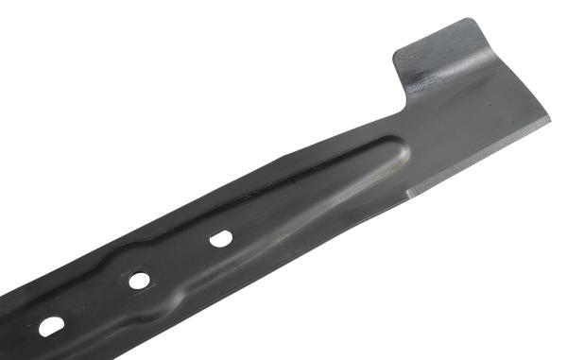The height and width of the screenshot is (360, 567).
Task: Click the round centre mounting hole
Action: pos(139,281)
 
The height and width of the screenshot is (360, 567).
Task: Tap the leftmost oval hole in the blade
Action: pos(51,326)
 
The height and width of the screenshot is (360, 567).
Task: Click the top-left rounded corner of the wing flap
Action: pos(397,52)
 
